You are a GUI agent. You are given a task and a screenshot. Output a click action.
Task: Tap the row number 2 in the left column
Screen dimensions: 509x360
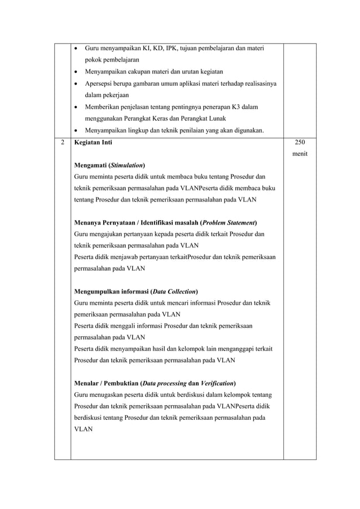tap(62, 143)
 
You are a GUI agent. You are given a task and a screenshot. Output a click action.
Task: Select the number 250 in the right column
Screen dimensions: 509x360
tap(300, 143)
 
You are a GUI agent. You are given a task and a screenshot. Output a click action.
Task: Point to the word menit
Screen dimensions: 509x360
tap(300, 154)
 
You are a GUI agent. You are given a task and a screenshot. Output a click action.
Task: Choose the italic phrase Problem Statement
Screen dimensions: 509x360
tap(229, 222)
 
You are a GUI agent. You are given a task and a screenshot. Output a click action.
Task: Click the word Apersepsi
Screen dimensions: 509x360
tap(100, 84)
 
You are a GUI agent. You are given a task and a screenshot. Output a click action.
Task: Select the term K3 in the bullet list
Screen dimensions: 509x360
tap(236, 107)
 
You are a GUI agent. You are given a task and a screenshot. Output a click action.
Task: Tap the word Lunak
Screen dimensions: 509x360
tap(216, 119)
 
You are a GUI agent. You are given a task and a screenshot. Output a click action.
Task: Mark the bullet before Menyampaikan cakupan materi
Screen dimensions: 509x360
tap(77, 72)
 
